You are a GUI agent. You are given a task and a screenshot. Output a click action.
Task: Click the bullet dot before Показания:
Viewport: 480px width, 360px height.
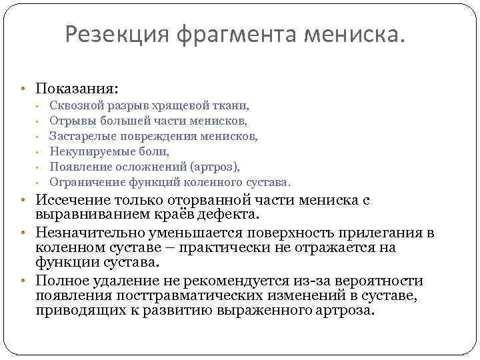click(23, 89)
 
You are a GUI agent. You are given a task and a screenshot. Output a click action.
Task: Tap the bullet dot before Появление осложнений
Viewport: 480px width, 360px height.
click(39, 167)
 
